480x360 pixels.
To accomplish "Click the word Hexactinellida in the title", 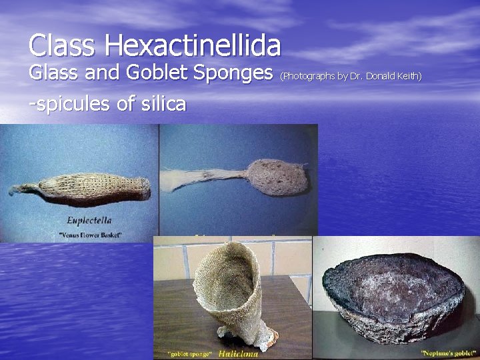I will tap(193, 46).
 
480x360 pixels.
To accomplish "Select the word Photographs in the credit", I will tap(309, 76).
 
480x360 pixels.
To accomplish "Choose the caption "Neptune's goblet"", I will tap(449, 351).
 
